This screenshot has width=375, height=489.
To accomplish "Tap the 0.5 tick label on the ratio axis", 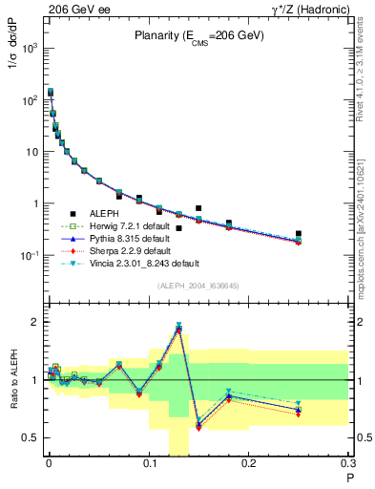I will [x=32, y=437].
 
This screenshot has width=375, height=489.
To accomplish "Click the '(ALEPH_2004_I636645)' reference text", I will [x=199, y=285].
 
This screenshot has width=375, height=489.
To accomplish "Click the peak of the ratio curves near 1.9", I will [x=178, y=328].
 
